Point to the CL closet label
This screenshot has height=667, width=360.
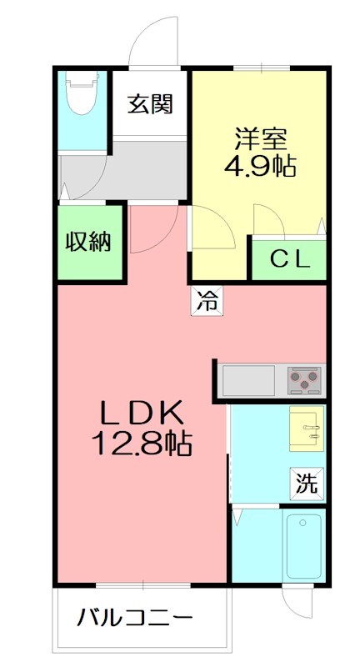click(x=288, y=260)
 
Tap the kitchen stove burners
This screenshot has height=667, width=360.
click(x=304, y=381)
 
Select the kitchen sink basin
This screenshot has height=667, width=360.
click(x=247, y=381)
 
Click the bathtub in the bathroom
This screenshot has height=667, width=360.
click(x=303, y=545)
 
